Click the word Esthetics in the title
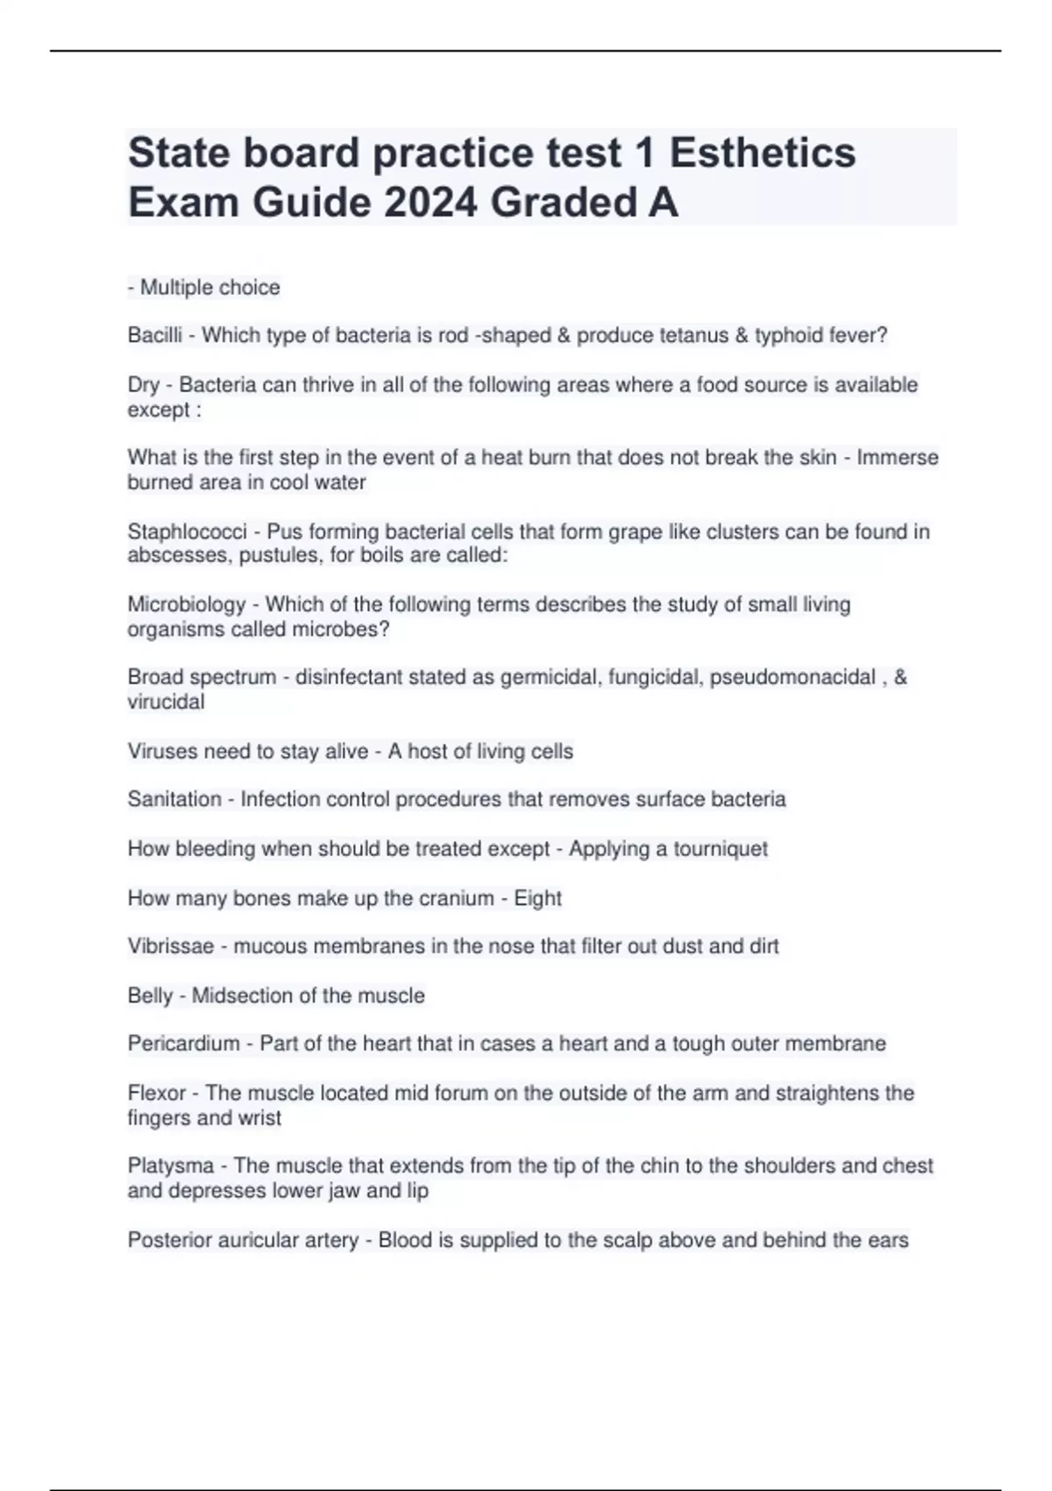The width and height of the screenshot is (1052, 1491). click(x=762, y=153)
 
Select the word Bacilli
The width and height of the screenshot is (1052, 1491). click(x=155, y=335)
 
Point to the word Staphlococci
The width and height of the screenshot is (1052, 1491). click(x=187, y=531)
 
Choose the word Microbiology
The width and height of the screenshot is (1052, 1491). click(x=187, y=604)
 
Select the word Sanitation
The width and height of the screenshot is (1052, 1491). click(x=174, y=799)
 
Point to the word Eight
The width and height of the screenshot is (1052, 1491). click(x=537, y=898)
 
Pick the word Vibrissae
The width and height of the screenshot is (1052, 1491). click(x=171, y=946)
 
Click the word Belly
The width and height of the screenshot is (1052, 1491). click(x=150, y=995)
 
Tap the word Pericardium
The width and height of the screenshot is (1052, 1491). click(x=183, y=1044)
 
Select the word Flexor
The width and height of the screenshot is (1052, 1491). click(x=157, y=1093)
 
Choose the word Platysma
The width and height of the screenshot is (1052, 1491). click(x=171, y=1166)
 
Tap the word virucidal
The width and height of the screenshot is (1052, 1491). click(x=166, y=702)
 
